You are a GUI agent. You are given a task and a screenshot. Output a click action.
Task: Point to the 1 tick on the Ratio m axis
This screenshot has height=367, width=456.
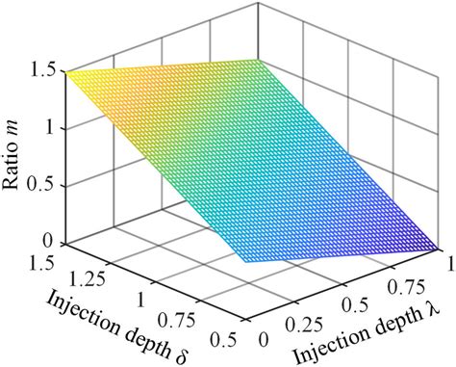tap(52, 128)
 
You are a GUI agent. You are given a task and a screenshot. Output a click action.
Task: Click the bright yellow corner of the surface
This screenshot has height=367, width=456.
tap(66, 72)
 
